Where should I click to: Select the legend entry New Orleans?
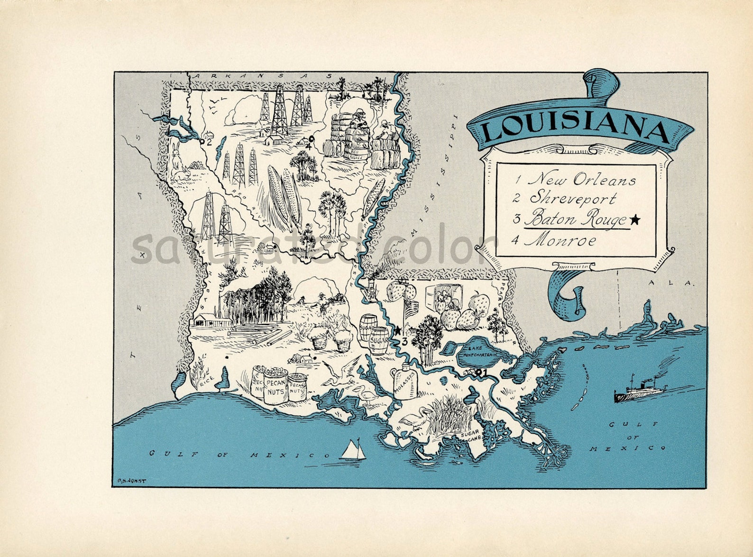pos(582,180)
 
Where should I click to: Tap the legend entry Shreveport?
pos(573,198)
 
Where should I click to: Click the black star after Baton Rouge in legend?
pos(635,219)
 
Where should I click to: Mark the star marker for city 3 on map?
pos(398,330)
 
